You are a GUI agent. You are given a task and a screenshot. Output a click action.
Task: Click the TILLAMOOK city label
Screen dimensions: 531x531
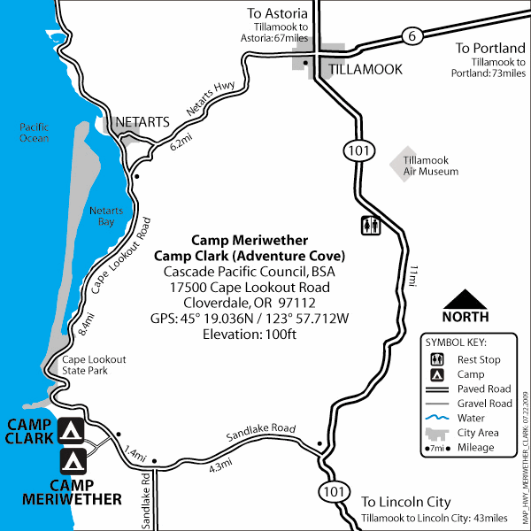(x=366, y=68)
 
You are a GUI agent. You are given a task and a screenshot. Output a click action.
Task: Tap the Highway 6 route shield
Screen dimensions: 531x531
(x=410, y=36)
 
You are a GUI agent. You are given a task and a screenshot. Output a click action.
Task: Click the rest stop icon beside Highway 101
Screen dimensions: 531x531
(x=371, y=226)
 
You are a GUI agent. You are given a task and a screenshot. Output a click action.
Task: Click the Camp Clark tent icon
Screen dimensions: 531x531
(x=71, y=431)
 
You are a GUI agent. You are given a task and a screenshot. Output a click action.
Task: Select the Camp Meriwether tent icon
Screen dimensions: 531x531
(x=71, y=461)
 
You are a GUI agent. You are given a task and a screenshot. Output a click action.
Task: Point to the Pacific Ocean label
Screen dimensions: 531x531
(x=35, y=133)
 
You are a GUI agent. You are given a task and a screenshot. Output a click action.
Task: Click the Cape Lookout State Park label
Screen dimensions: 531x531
(x=94, y=366)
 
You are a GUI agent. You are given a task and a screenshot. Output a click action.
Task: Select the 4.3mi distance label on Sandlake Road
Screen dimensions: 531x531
(x=222, y=466)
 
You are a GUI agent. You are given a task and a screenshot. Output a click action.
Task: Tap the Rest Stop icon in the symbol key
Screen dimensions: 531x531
(x=437, y=360)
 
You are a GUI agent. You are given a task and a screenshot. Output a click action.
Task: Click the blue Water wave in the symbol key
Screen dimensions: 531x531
(x=437, y=419)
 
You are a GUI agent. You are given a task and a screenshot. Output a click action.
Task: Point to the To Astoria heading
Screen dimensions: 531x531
(x=279, y=13)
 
